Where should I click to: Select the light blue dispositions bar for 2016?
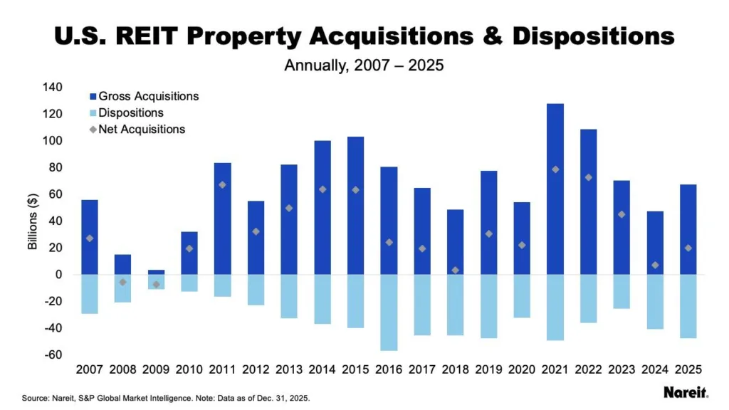(389, 312)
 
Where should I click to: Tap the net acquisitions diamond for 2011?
(222, 184)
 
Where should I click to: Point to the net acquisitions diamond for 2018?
(455, 270)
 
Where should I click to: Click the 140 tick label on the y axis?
(53, 88)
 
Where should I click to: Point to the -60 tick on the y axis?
(51, 354)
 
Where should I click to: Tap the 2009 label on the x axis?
(155, 369)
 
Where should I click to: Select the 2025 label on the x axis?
(688, 369)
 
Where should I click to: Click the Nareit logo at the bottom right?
(686, 392)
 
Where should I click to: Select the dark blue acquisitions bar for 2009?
(156, 272)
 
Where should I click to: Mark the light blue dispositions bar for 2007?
(89, 294)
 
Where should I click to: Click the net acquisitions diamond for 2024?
(655, 266)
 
